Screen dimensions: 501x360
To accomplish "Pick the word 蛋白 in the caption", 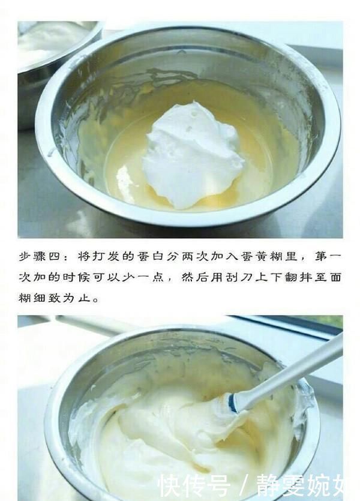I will [x=150, y=256].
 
